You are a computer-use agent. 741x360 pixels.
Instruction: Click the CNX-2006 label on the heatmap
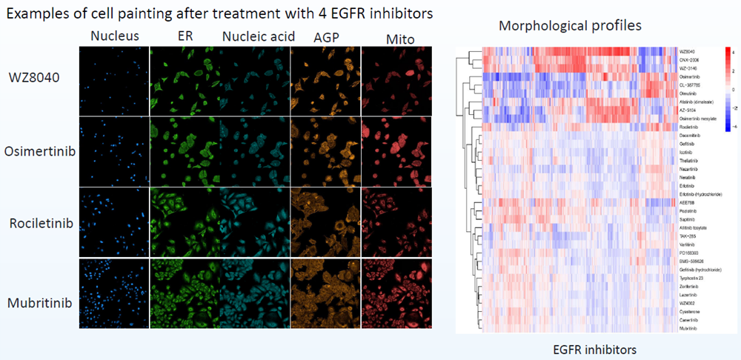click(690, 59)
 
